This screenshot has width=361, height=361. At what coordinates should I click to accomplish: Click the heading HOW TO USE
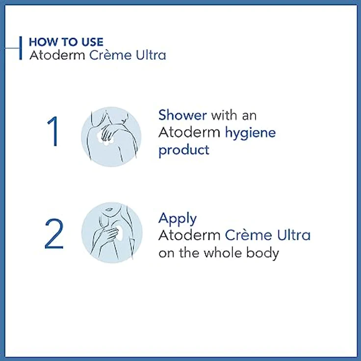point(66,42)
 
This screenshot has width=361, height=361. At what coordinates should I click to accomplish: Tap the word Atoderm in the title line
point(57,55)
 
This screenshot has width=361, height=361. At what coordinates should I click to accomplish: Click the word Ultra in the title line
point(151,55)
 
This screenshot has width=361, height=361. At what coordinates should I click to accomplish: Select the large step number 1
point(53,131)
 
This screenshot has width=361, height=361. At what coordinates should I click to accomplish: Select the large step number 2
point(54,233)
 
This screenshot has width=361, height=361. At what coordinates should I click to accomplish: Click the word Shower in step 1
point(182,115)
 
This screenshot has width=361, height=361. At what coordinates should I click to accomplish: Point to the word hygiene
point(250,133)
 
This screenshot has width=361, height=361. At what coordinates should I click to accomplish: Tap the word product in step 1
point(184,151)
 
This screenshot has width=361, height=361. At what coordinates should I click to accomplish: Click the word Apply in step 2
point(178,219)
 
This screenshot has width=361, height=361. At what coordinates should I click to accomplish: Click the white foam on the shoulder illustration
point(103,139)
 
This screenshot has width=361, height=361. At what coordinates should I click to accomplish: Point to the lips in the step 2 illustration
point(109,209)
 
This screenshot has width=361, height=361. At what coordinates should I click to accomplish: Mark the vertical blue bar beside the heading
point(21,48)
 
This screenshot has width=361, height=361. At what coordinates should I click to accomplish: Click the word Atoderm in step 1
point(189,132)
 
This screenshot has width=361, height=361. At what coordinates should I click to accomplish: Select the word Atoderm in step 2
point(189,235)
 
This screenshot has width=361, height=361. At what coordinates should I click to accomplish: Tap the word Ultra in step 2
point(294,235)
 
